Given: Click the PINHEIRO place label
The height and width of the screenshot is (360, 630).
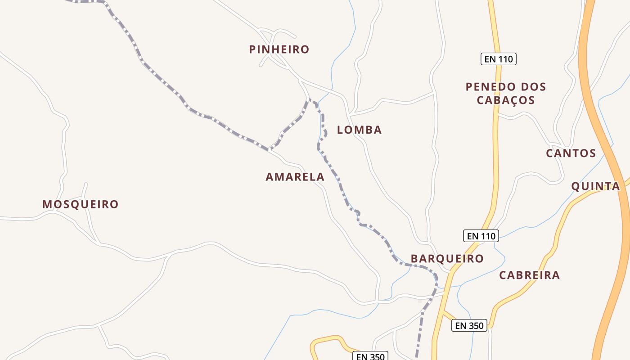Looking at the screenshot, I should [279, 49].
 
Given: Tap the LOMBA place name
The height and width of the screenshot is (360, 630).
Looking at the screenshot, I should [359, 130].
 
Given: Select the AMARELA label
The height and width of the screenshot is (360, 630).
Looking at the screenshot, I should [295, 177].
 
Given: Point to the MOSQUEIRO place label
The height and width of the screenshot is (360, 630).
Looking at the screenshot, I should [80, 204].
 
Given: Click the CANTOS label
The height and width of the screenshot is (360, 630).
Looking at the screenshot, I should [571, 153].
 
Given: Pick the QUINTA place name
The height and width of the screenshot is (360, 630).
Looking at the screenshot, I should [595, 186].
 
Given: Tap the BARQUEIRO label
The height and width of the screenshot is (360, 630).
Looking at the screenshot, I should [447, 259].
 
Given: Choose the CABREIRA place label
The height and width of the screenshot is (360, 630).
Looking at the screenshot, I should [529, 275].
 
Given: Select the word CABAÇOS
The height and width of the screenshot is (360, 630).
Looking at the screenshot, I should [506, 100].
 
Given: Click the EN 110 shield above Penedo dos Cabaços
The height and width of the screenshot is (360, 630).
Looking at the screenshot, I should [498, 59].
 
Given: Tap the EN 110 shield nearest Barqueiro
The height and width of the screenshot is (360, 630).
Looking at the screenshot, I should [481, 236].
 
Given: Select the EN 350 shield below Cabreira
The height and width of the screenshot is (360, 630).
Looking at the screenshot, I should [469, 325].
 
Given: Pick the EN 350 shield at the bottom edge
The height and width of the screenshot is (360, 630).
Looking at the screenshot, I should [370, 356].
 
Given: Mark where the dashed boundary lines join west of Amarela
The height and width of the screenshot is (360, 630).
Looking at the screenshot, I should [269, 149].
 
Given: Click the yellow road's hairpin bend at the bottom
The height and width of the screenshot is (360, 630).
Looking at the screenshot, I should [314, 345].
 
